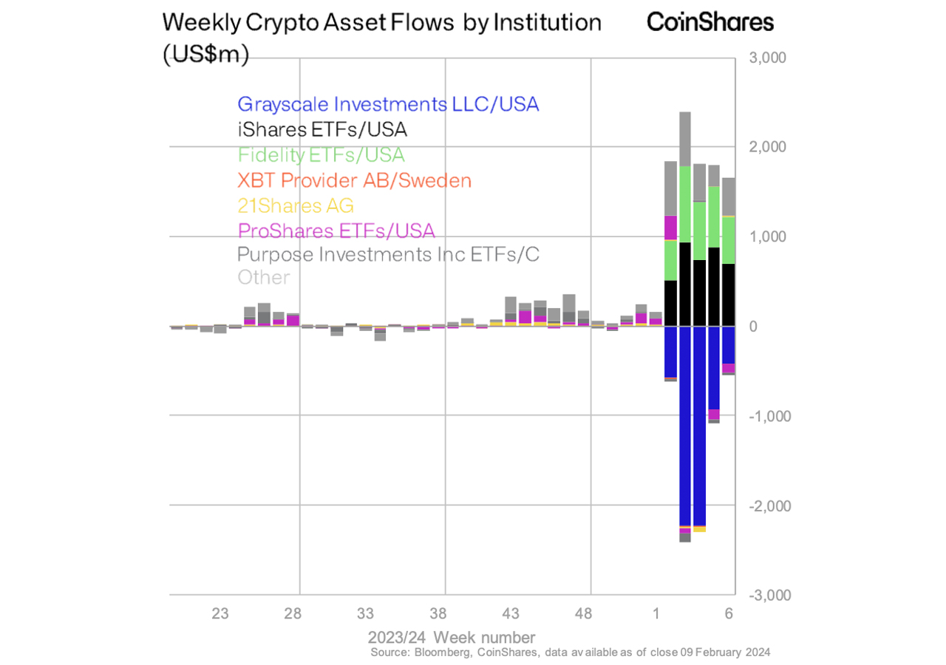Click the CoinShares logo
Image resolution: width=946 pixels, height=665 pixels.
(x=710, y=21)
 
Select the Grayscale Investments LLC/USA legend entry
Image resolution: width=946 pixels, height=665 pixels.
(x=388, y=104)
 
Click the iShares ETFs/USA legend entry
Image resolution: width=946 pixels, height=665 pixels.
(x=322, y=130)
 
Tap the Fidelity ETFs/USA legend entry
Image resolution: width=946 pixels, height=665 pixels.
(x=321, y=155)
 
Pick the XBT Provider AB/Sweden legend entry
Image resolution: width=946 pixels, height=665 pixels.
(x=354, y=180)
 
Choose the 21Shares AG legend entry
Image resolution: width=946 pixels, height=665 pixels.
(x=296, y=205)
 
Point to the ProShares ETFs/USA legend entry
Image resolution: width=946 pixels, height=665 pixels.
(x=336, y=231)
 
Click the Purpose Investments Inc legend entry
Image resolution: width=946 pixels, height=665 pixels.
(x=388, y=255)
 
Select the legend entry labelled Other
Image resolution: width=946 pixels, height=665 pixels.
(x=263, y=278)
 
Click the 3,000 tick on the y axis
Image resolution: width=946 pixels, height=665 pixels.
(x=768, y=58)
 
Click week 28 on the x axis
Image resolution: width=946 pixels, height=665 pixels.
(x=293, y=614)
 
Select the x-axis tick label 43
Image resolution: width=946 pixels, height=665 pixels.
(x=511, y=614)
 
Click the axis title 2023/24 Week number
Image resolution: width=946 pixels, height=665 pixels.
(x=452, y=637)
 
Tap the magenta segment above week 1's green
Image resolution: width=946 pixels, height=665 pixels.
(x=671, y=228)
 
